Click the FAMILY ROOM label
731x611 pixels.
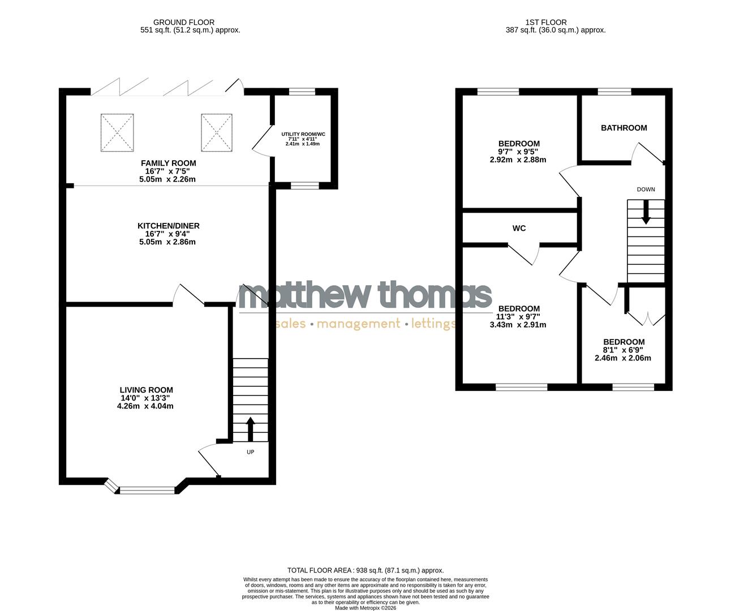[168, 163]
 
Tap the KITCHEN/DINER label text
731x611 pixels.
[168, 226]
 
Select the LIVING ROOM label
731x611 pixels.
[146, 390]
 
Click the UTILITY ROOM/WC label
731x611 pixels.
[303, 134]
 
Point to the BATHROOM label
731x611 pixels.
[623, 128]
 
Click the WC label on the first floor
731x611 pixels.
[519, 229]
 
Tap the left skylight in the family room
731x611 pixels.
[117, 133]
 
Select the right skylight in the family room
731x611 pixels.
[217, 133]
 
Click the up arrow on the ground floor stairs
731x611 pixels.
[250, 428]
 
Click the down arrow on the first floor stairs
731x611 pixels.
[646, 213]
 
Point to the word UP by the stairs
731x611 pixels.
[250, 452]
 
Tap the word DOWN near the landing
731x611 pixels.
[646, 190]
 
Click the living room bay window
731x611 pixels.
[147, 490]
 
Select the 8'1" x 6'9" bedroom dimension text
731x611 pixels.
[623, 350]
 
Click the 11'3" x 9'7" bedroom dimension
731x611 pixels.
[518, 317]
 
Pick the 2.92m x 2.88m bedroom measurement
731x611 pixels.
[518, 160]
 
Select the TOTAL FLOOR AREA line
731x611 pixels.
[365, 570]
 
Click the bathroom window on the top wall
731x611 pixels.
[614, 92]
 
